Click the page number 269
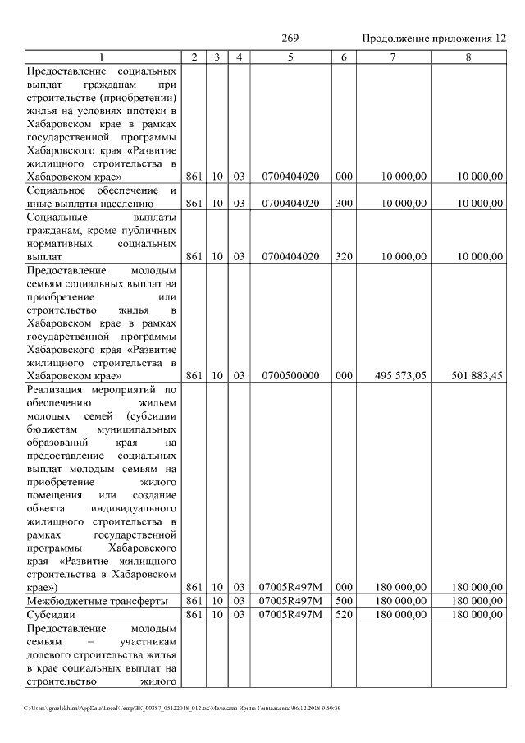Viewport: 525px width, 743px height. (x=290, y=39)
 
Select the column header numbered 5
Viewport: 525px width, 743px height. (x=290, y=57)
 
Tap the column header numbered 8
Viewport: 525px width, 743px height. (x=468, y=57)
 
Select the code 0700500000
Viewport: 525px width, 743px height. (x=290, y=375)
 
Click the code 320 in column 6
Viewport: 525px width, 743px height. (x=344, y=256)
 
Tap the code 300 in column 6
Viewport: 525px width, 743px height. (x=344, y=203)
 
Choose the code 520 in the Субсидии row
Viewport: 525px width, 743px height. (x=344, y=614)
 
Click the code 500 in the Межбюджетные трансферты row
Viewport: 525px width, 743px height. (x=344, y=601)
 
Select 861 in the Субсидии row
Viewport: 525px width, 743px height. (x=194, y=614)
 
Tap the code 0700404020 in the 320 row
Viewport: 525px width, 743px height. (x=290, y=256)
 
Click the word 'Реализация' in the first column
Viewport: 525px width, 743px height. (x=55, y=390)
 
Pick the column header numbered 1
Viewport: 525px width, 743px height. (x=102, y=57)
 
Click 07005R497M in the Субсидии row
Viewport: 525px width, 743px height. (x=290, y=614)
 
